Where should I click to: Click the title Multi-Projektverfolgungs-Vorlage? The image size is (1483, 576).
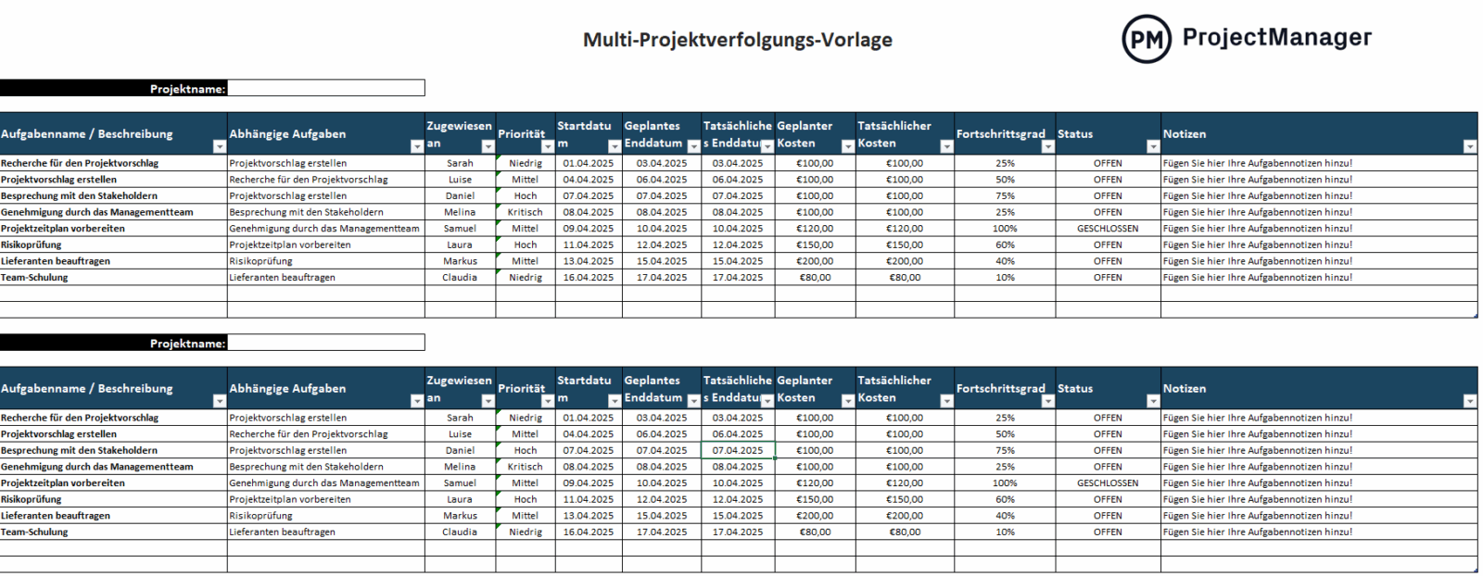(737, 40)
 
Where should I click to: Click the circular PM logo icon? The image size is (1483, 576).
(1146, 39)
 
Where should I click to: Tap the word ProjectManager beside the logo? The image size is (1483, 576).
(1276, 37)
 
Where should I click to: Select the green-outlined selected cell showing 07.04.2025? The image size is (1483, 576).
(738, 451)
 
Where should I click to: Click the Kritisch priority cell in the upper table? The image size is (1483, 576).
(525, 212)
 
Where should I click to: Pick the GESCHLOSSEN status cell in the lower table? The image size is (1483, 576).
(1107, 483)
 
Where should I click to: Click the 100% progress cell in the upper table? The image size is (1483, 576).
(1005, 229)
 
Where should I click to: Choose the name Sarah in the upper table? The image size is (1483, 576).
(460, 163)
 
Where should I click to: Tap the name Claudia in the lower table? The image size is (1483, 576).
(460, 532)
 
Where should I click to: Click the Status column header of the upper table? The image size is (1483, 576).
(1075, 134)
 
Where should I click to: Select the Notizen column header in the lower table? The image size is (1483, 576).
(1185, 389)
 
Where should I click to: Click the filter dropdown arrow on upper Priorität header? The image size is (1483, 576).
(547, 146)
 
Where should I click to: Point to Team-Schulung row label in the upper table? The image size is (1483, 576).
(34, 278)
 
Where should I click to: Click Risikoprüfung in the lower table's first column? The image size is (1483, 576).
(31, 500)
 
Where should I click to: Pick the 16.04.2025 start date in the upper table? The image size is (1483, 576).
(588, 278)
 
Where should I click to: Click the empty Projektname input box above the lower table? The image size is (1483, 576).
(325, 343)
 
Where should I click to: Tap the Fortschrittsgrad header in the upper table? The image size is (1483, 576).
(999, 134)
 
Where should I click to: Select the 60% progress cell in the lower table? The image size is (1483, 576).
(1005, 500)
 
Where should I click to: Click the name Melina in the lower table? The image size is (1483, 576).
(460, 468)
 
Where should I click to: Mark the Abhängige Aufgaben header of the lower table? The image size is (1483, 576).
(287, 389)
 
